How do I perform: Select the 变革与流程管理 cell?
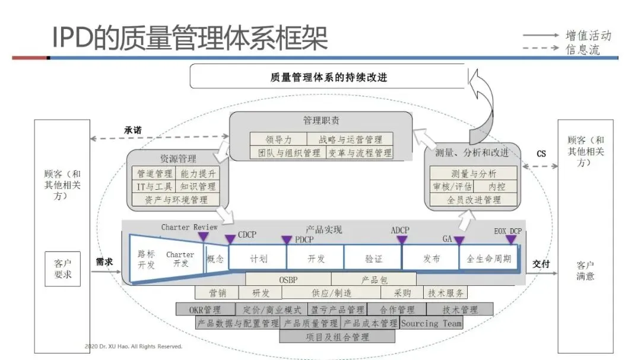coord(360,153)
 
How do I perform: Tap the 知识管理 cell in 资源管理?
coord(198,187)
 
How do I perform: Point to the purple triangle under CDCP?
coord(230,240)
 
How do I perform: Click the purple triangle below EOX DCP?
coord(510,240)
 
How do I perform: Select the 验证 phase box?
coord(373,259)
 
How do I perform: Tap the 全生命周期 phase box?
coord(488,259)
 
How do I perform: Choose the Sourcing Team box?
coord(431,323)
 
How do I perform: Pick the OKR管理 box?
coord(205,310)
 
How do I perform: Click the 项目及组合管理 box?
coord(337,337)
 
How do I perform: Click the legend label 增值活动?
coord(588,36)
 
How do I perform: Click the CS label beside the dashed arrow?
coord(541,154)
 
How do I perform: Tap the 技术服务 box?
coord(445,293)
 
